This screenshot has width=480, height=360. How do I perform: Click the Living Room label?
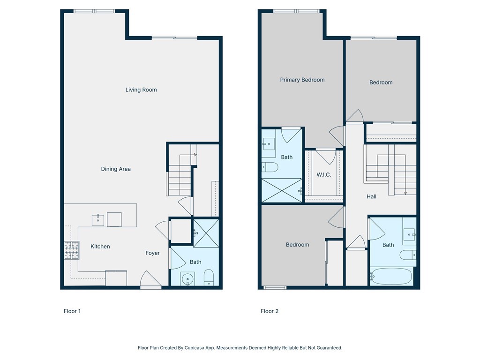coord(141,90)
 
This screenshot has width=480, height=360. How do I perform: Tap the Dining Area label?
coord(116,169)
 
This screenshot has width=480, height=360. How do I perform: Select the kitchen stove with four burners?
coord(72,250)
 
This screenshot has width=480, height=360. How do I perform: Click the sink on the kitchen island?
coord(98,219)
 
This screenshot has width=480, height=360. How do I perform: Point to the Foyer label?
coord(152,253)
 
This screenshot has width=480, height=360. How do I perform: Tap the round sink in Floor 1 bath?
coord(188,279)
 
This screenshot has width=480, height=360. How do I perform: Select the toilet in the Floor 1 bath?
coord(209,277)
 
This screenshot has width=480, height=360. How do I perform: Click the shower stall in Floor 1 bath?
coord(205,232)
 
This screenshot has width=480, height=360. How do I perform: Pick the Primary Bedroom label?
coord(302,80)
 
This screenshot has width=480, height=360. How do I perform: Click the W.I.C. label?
coord(324,175)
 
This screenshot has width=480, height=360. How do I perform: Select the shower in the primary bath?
coord(282,190)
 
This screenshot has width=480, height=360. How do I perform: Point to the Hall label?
coord(372,196)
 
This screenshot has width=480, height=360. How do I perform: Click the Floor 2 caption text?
coord(270,311)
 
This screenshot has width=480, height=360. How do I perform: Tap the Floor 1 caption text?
coord(72,311)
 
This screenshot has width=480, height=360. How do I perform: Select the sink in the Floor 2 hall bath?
coord(409,233)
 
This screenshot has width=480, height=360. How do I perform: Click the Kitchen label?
coord(100,246)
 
